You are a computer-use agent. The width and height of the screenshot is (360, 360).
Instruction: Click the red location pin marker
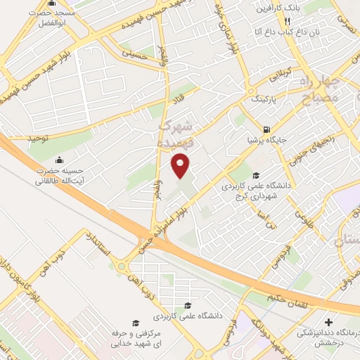(x=181, y=166)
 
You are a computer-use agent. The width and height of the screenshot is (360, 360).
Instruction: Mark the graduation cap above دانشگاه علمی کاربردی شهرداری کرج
(x=256, y=176)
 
